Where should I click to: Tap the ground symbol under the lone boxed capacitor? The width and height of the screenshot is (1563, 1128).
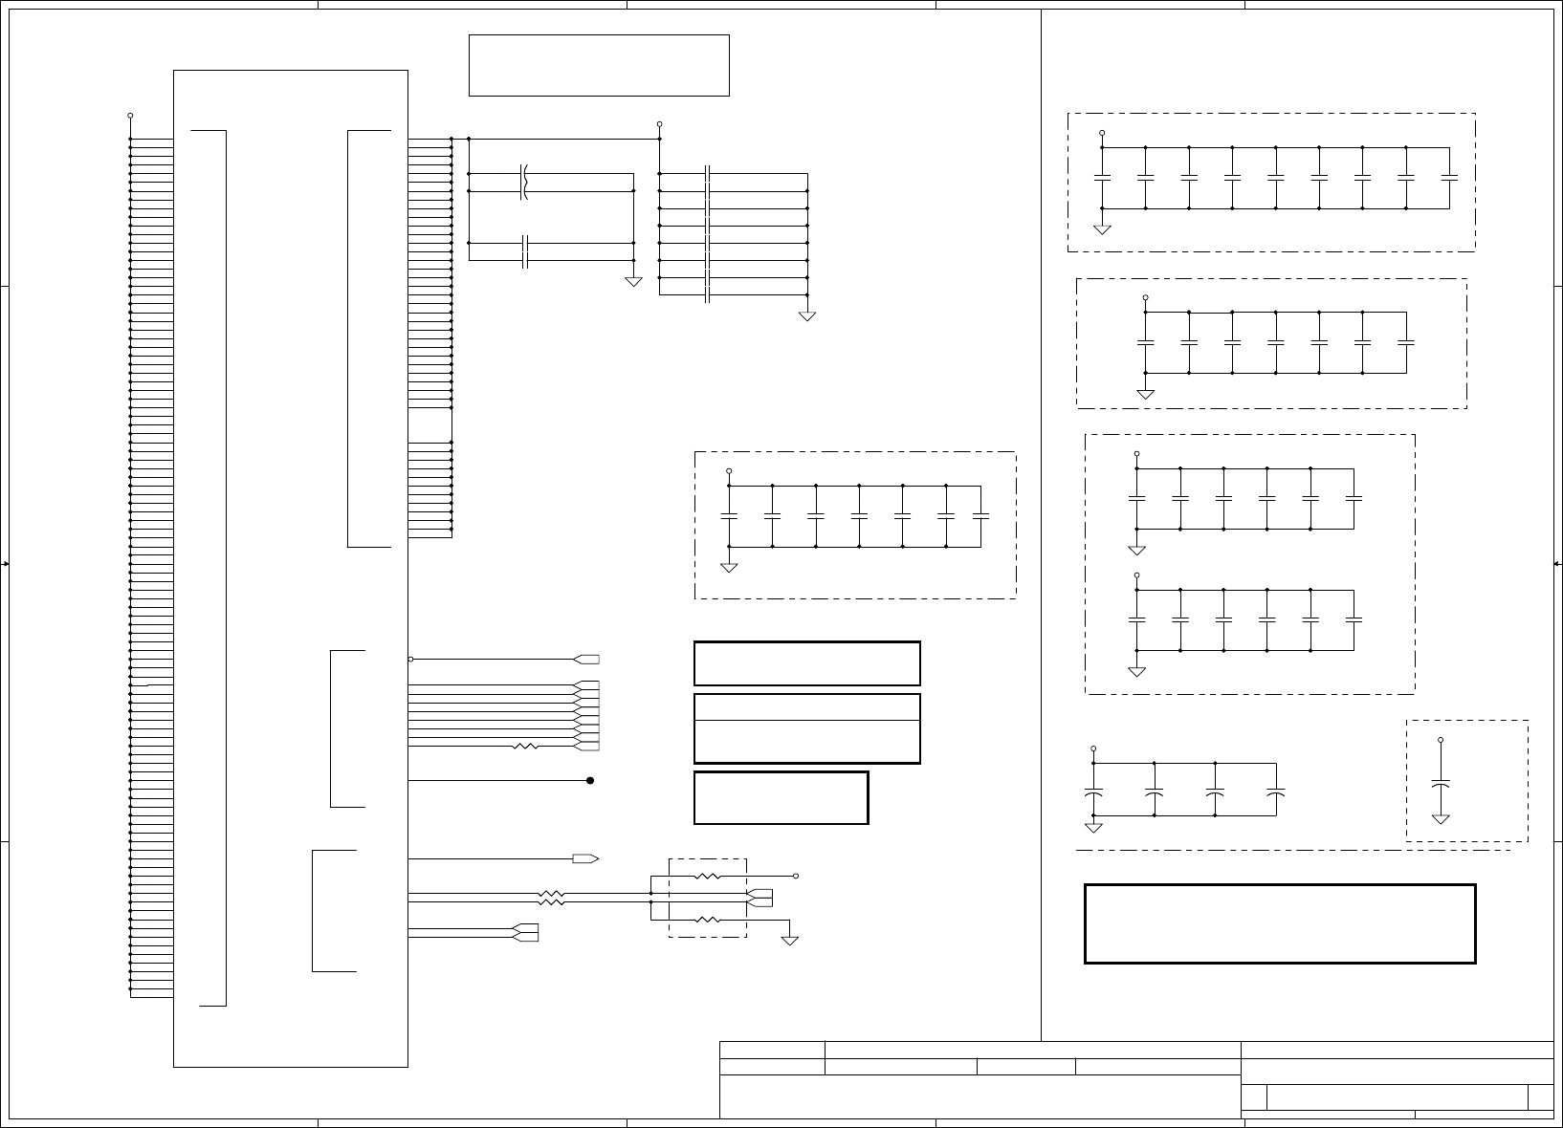[x=1441, y=818]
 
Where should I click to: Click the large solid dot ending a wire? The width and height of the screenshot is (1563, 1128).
[x=590, y=780]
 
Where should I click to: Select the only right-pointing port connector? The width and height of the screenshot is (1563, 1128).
[x=585, y=858]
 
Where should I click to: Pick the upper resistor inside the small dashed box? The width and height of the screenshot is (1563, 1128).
[x=707, y=876]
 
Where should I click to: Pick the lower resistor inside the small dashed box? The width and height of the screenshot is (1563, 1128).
[x=707, y=920]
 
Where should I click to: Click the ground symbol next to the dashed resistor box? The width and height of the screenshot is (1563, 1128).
[x=790, y=940]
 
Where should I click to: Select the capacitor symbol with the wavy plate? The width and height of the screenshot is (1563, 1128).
[x=524, y=182]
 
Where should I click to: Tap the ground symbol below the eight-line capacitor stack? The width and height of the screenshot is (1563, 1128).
[x=807, y=315]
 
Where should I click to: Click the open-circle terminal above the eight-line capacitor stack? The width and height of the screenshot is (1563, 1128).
[x=660, y=124]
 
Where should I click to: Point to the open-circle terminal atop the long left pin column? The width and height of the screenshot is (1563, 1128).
[x=130, y=116]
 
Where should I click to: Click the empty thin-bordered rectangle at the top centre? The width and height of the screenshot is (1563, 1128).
[x=599, y=65]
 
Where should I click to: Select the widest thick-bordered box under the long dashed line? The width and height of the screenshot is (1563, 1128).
[x=1280, y=923]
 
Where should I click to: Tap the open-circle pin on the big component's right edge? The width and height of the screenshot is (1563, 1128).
[x=411, y=659]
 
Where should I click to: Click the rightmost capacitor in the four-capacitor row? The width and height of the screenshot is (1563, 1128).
[x=1275, y=793]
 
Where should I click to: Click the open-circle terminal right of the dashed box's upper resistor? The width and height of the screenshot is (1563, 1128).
[x=796, y=876]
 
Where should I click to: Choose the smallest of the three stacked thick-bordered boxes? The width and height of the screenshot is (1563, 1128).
[x=781, y=797]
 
